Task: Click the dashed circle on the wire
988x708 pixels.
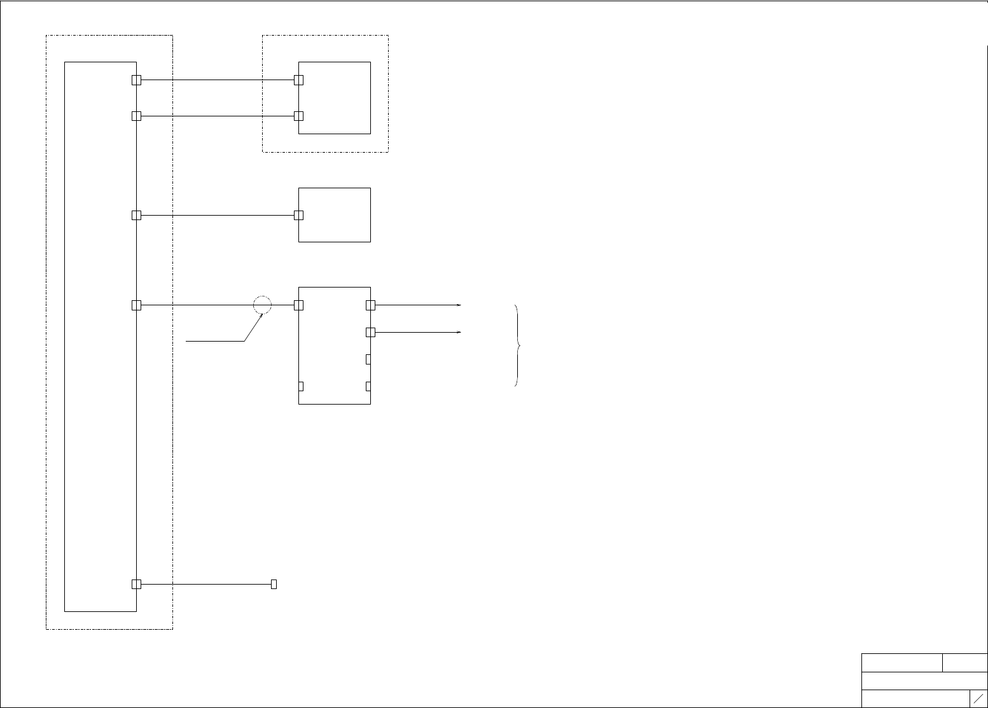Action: (262, 305)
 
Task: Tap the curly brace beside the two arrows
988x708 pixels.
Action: (517, 345)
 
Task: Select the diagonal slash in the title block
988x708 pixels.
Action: (978, 698)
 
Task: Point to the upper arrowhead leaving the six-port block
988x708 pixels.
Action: (459, 305)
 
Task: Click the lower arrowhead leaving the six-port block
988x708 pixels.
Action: (459, 332)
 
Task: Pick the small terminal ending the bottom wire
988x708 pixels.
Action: (274, 584)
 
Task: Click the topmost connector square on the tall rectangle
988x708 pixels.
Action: (136, 80)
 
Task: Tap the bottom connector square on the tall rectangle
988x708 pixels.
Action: (136, 584)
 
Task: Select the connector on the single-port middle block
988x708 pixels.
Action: (299, 215)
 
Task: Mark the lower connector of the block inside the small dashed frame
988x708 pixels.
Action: (298, 116)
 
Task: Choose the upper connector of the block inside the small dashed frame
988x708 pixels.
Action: (298, 80)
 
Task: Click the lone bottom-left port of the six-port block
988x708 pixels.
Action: (301, 386)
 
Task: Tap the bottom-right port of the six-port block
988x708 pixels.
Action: (368, 386)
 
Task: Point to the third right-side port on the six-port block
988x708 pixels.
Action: (368, 359)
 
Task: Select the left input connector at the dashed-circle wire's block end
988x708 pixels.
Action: (299, 305)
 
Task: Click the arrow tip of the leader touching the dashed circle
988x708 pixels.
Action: (261, 314)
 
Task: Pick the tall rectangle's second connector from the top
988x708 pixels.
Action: (136, 116)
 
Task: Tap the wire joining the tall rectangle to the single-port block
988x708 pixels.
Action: (216, 216)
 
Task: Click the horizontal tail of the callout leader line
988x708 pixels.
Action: (215, 342)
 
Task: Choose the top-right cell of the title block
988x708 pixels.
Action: (965, 662)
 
